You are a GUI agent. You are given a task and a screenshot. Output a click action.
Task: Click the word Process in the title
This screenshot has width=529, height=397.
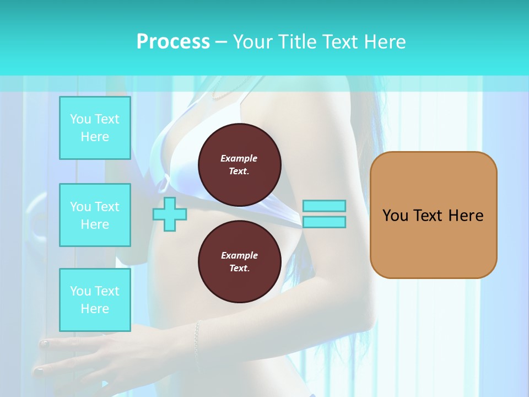[x=173, y=42]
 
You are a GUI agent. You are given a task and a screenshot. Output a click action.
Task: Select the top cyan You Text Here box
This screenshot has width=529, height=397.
[x=95, y=128]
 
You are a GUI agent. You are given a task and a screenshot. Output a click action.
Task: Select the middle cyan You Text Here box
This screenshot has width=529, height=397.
[x=95, y=215]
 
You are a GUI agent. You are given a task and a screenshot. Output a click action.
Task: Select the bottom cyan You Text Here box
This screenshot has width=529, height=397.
[x=95, y=300]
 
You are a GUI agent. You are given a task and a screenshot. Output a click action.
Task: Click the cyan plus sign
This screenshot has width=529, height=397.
[x=169, y=214]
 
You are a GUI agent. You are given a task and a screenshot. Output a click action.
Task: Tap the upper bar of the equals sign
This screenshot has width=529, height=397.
[x=324, y=206]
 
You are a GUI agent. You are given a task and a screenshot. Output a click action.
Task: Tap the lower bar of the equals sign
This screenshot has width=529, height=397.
[x=324, y=222]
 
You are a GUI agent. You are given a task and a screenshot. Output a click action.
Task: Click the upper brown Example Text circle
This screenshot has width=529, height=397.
[x=239, y=164]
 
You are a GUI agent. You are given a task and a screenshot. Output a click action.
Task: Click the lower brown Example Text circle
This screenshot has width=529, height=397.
[x=239, y=262]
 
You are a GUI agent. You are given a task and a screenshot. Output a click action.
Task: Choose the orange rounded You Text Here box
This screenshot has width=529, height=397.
[x=433, y=214]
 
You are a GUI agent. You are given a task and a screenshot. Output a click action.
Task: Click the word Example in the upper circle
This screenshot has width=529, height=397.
[x=239, y=158]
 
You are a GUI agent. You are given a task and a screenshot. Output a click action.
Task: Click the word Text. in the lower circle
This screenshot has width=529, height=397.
[x=239, y=269]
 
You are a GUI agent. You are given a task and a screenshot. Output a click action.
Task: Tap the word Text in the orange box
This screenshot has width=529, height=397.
[x=429, y=216]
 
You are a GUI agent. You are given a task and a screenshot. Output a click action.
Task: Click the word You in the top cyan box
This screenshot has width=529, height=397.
[x=80, y=119]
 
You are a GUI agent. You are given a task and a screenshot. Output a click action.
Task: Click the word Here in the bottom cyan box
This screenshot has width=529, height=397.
[x=95, y=309]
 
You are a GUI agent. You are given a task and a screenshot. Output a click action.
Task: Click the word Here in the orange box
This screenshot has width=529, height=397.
[x=466, y=216]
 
